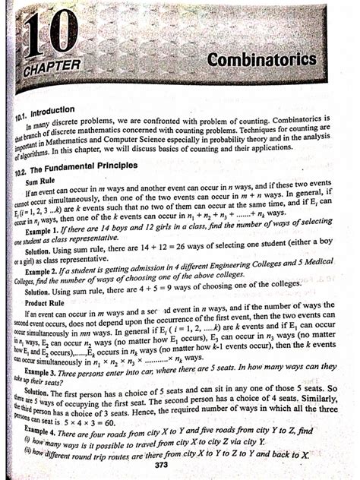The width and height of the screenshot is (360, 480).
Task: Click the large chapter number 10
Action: pyautogui.click(x=47, y=34)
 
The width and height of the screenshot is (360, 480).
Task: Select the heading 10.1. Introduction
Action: pyautogui.click(x=49, y=112)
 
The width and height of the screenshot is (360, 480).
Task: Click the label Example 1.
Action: pyautogui.click(x=47, y=229)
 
